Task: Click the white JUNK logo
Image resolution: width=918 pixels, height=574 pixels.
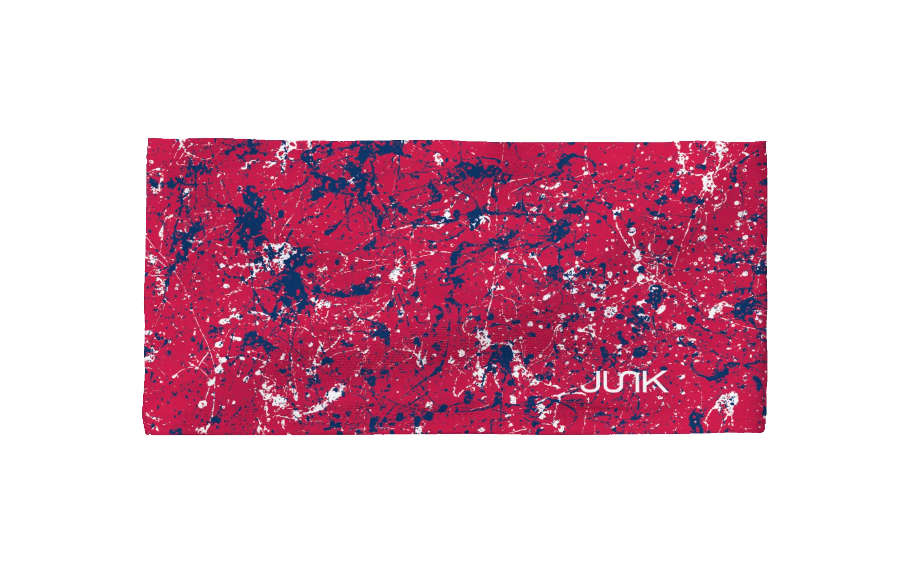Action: pyautogui.click(x=624, y=382)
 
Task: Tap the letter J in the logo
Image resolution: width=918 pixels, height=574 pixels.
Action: pyautogui.click(x=589, y=384)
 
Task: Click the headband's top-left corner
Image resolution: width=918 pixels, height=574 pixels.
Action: pyautogui.click(x=148, y=141)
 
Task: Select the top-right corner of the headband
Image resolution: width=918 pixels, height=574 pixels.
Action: pyautogui.click(x=765, y=142)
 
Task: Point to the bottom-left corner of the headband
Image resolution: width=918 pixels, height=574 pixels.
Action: pyautogui.click(x=146, y=433)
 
